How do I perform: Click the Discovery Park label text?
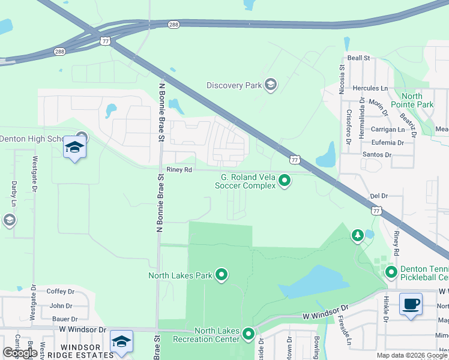click(x=234, y=85)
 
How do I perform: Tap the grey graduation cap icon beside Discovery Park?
click(x=271, y=84)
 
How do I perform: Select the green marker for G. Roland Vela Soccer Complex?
click(x=286, y=179)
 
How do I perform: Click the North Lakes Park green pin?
click(x=221, y=275)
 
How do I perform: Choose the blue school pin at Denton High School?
click(x=75, y=148)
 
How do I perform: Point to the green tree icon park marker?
click(x=358, y=235)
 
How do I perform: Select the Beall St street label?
click(x=358, y=58)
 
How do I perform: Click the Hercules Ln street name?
click(x=371, y=88)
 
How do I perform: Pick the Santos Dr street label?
click(x=378, y=155)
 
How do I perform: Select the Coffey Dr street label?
click(x=60, y=292)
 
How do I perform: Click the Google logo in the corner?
click(x=20, y=352)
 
